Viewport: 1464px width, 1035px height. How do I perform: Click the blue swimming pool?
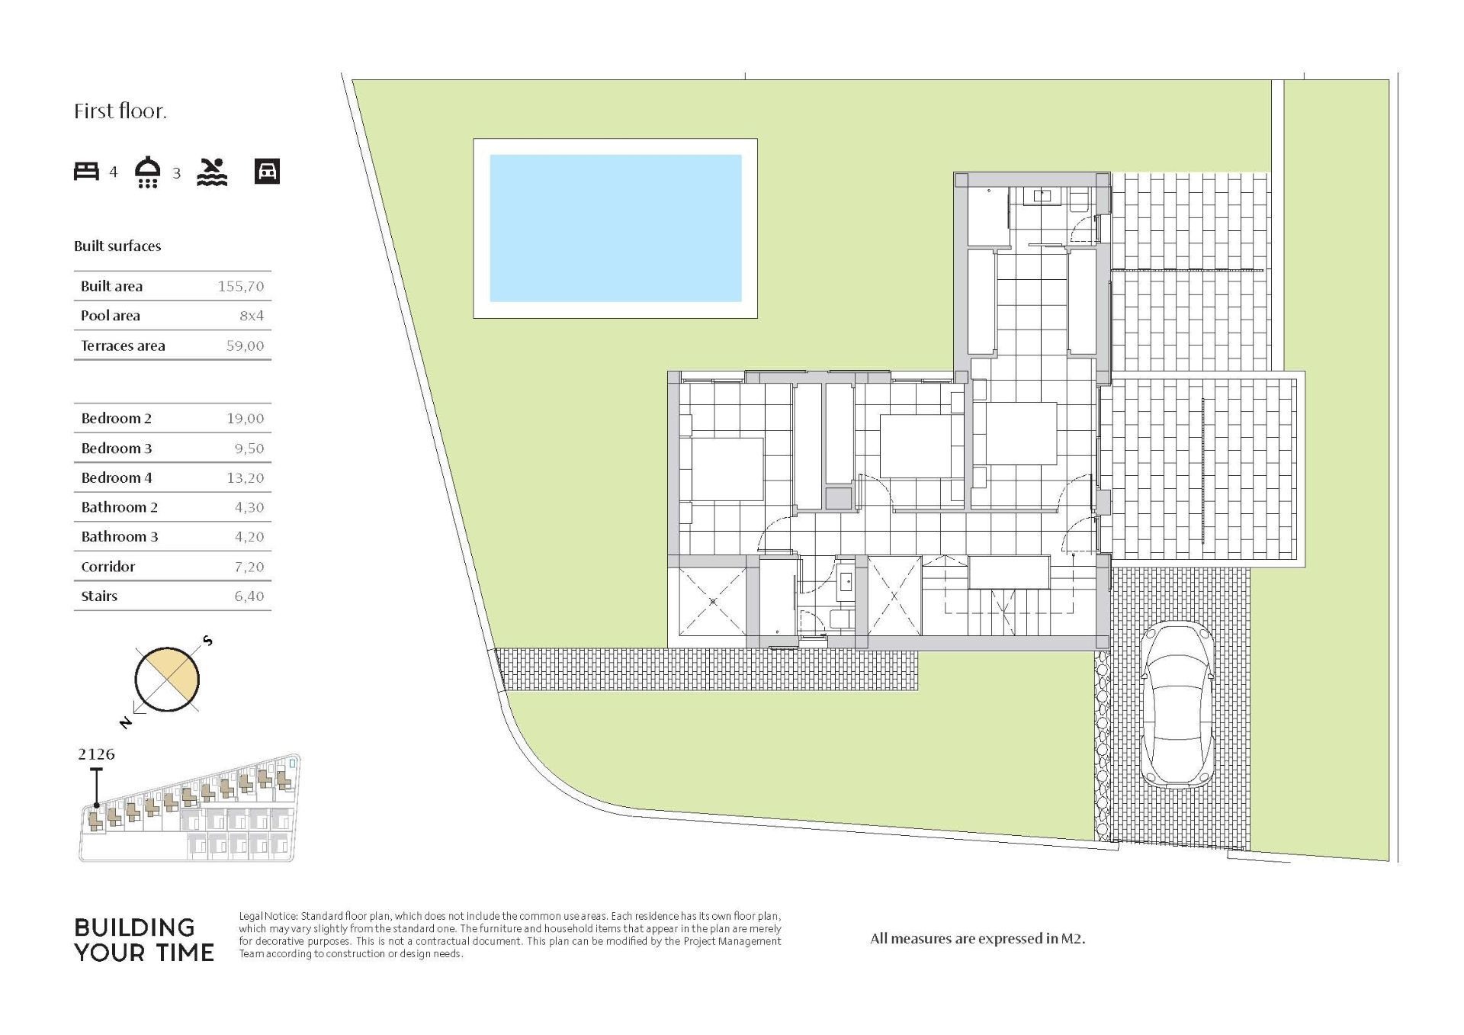pos(615,228)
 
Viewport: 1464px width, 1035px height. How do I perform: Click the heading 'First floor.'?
pos(120,111)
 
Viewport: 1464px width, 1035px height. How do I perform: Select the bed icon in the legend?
pos(86,171)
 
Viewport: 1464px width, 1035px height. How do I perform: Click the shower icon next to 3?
pos(147,172)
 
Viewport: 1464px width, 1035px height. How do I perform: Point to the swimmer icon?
pos(212,172)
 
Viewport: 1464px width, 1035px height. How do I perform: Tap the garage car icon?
pos(267,172)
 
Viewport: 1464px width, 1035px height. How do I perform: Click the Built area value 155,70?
pos(241,286)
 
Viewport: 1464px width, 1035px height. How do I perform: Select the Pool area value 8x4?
pos(252,316)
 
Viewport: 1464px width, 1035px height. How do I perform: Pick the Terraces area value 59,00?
pos(245,346)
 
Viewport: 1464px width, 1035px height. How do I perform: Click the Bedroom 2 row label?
pos(116,418)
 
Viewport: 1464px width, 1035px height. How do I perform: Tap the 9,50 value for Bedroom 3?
pos(249,448)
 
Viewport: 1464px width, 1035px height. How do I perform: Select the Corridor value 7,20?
pos(249,567)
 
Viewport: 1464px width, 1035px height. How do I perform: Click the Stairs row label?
pos(99,596)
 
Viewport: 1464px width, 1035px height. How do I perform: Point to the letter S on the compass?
pos(207,641)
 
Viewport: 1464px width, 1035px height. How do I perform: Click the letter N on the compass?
pos(126,722)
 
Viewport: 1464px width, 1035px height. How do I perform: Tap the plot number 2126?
pos(96,754)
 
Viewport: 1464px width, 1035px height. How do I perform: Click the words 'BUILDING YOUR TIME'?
pos(144,940)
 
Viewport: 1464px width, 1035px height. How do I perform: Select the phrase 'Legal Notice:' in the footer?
pos(268,917)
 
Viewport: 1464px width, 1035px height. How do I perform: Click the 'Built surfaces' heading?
pos(117,246)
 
